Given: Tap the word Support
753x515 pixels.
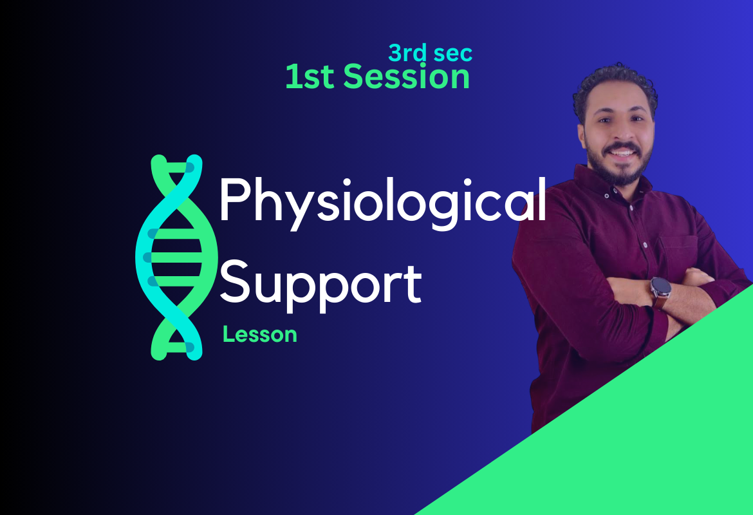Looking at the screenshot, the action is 321,286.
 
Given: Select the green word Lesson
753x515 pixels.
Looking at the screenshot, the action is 260,334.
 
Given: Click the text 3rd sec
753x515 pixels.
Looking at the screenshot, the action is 431,53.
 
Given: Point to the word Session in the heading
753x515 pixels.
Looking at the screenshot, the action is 406,77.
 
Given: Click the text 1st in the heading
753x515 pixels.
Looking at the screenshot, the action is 310,77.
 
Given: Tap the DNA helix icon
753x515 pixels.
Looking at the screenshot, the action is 177,257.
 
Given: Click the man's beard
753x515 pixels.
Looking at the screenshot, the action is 620,165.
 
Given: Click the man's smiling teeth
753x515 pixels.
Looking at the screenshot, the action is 622,153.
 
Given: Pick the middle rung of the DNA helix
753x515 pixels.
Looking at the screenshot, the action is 176,257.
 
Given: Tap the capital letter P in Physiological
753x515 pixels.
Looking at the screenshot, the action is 235,199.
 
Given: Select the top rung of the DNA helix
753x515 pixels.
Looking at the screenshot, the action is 177,167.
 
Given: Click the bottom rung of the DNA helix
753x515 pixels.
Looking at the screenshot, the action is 177,347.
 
